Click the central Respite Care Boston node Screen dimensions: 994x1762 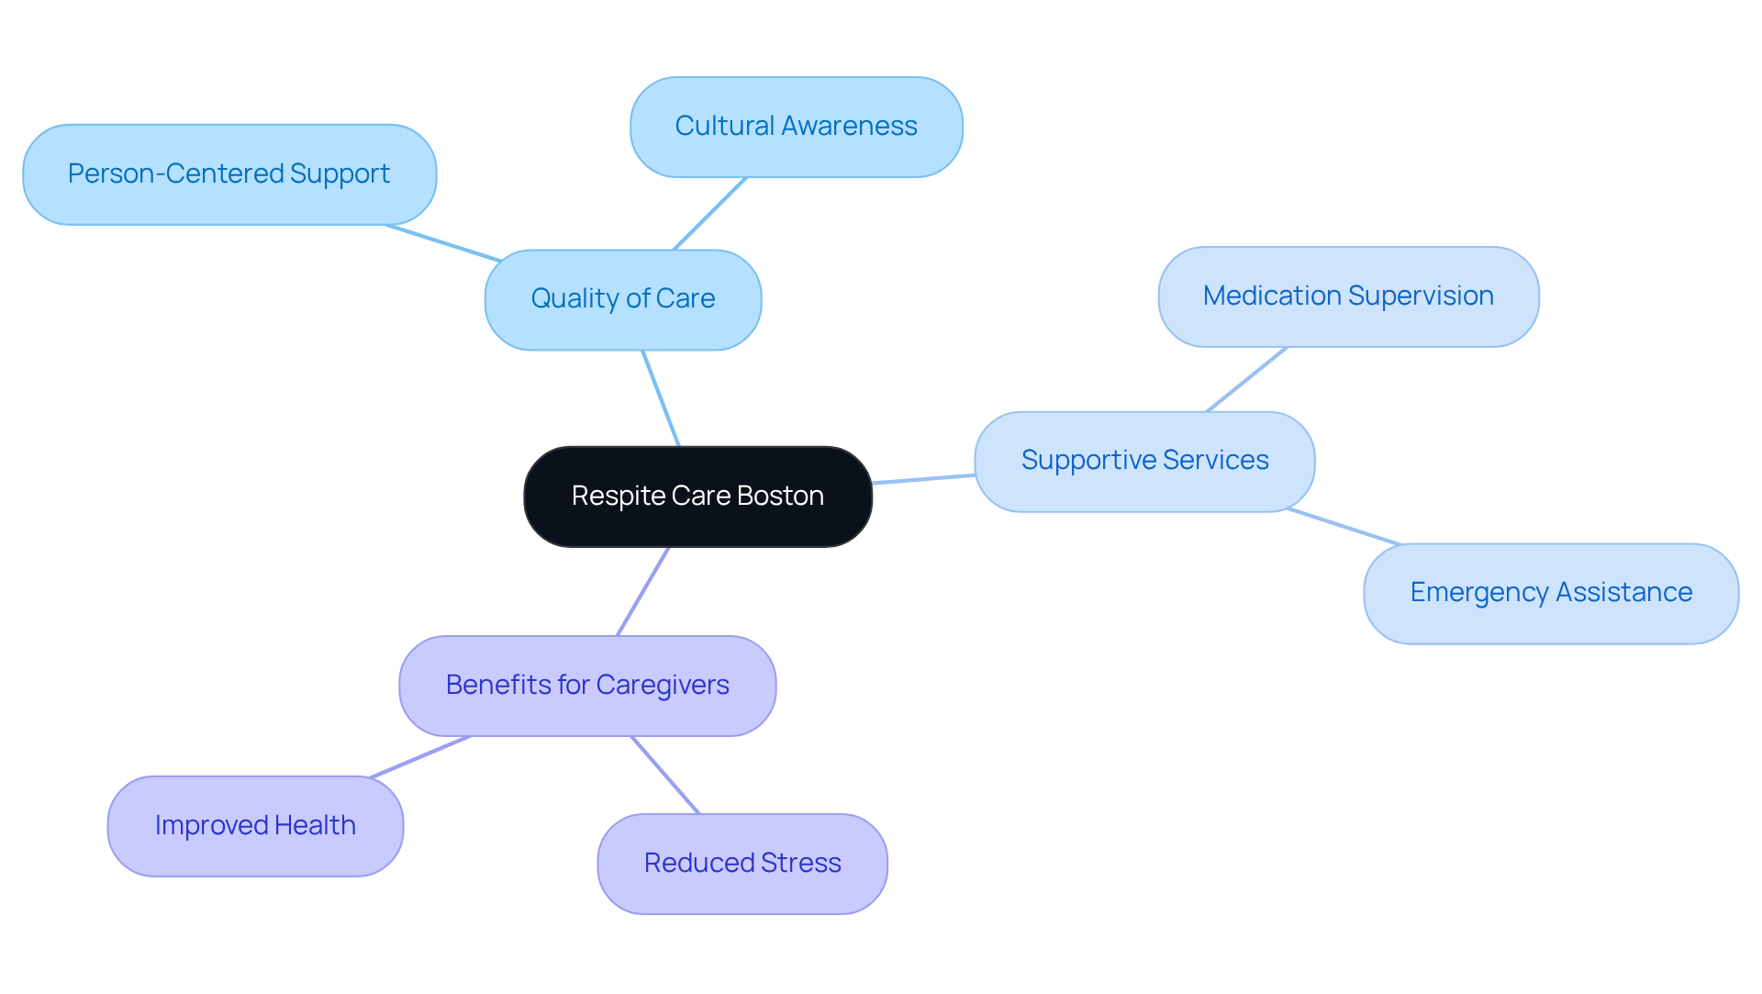click(697, 497)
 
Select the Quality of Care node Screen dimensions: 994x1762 click(622, 299)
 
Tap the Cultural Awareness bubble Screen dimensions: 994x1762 click(796, 127)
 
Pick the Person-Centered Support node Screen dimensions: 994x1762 click(229, 174)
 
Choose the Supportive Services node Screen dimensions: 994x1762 click(1144, 461)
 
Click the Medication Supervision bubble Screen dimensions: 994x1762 click(1348, 296)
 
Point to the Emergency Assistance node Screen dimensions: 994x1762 click(1551, 593)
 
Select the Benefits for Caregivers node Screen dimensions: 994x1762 click(587, 686)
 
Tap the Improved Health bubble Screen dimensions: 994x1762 click(255, 826)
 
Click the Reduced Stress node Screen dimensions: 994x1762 click(742, 864)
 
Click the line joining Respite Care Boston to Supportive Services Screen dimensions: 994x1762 click(923, 479)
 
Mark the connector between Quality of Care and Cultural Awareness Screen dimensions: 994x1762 click(710, 213)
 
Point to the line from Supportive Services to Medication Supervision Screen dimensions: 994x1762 click(1247, 379)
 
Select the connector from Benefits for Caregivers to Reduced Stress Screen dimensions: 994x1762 click(665, 775)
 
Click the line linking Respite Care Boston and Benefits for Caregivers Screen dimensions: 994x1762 click(643, 591)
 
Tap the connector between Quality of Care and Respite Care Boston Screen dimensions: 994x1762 click(661, 398)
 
